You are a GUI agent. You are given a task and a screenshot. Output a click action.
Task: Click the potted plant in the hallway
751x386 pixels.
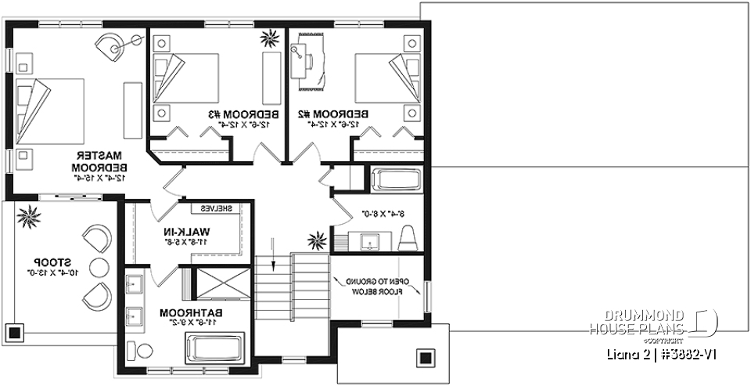point(318,238)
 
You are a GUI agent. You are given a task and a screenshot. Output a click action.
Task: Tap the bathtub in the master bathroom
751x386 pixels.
point(215,347)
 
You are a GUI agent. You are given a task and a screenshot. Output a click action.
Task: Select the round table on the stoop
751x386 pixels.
point(99,266)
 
